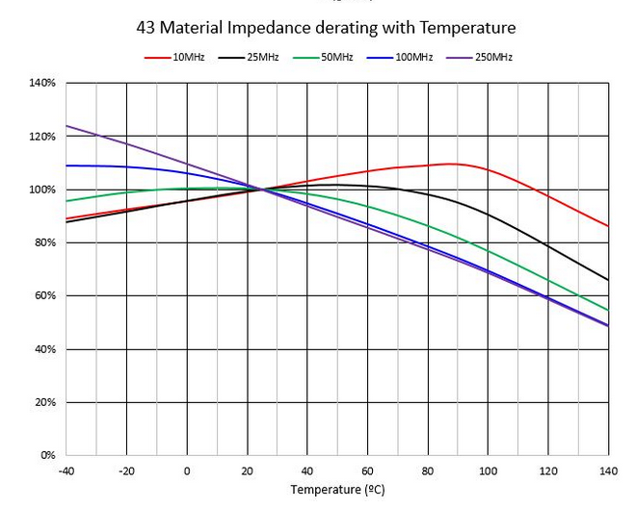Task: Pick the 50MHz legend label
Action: pos(336,58)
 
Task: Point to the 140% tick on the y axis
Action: pos(42,84)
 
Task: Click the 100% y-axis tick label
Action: pos(42,190)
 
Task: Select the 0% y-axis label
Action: pos(47,454)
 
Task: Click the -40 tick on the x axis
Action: pos(66,470)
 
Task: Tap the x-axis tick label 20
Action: pos(247,470)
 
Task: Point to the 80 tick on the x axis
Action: pos(428,470)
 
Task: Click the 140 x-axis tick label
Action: pos(608,470)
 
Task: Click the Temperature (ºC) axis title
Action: pos(337,490)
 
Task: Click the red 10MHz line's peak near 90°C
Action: pos(452,164)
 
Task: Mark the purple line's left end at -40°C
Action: pos(66,126)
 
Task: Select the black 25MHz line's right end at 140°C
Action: pos(608,280)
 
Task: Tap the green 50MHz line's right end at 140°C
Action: pos(608,310)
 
